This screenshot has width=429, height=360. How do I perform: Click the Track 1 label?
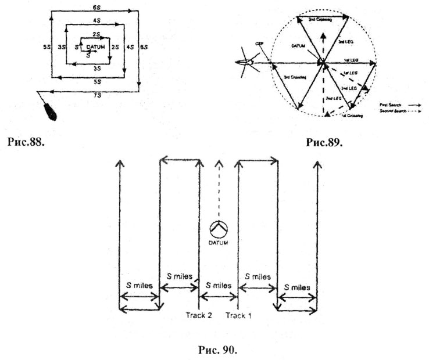(x=238, y=315)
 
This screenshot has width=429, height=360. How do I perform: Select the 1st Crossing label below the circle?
(x=352, y=116)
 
